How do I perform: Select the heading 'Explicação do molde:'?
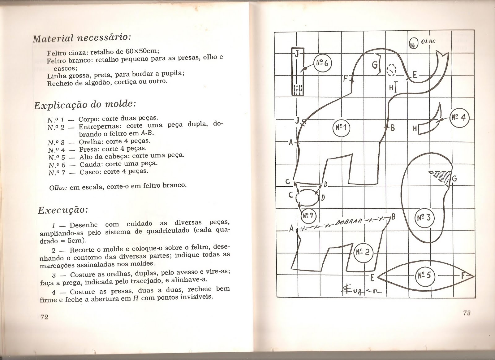click(84, 104)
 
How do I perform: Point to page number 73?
click(467, 313)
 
